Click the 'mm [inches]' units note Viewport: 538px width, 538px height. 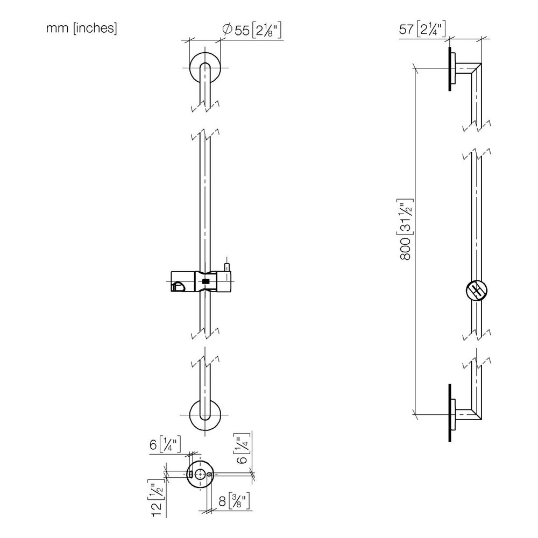tap(82, 28)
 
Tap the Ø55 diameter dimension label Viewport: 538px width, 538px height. tap(252, 30)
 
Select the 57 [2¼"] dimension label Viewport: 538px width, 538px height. tap(422, 29)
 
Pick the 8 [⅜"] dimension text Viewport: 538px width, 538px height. tap(233, 501)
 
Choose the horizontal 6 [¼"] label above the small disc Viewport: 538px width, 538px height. tap(165, 445)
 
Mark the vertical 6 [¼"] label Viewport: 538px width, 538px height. tap(243, 449)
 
